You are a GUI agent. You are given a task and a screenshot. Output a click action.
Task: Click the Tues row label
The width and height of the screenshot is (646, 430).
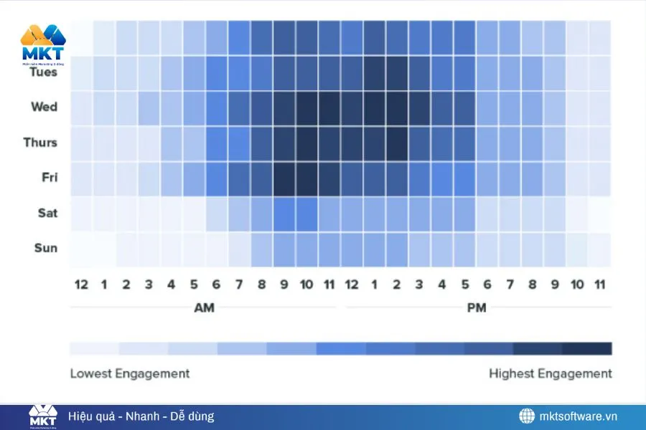coord(44,72)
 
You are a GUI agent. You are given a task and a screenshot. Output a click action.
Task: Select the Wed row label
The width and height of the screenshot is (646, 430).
coord(44,107)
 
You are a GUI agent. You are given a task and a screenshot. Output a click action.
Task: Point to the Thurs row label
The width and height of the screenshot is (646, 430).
coord(40,142)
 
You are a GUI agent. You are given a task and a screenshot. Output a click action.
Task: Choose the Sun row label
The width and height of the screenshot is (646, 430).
coord(46,248)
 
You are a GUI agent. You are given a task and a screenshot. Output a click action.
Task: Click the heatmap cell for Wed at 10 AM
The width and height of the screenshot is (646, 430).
coord(306,107)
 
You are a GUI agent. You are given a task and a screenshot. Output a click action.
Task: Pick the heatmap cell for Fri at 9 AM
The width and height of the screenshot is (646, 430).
coord(284,178)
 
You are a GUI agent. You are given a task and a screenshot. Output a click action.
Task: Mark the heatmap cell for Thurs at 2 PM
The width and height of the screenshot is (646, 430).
coord(397,143)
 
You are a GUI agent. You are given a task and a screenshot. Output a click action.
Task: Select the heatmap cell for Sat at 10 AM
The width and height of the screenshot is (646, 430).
coord(306,213)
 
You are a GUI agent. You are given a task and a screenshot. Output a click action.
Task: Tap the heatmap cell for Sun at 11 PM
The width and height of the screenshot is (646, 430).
coord(600,248)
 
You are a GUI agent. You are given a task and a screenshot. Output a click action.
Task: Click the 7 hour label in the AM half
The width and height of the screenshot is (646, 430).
coord(239,285)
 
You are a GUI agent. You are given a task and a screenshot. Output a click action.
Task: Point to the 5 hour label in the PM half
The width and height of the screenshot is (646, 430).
coord(464,285)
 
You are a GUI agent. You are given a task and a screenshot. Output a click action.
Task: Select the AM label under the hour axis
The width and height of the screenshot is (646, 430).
coord(204,308)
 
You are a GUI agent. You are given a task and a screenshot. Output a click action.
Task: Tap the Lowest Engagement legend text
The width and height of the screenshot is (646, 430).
coord(130,373)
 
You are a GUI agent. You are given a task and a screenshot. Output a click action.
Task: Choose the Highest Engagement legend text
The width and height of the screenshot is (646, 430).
coord(551,373)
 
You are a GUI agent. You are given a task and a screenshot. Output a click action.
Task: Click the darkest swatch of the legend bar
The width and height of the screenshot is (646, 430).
coord(587,349)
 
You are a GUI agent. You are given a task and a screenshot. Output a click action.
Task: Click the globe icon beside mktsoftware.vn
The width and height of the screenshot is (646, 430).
coord(528,416)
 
